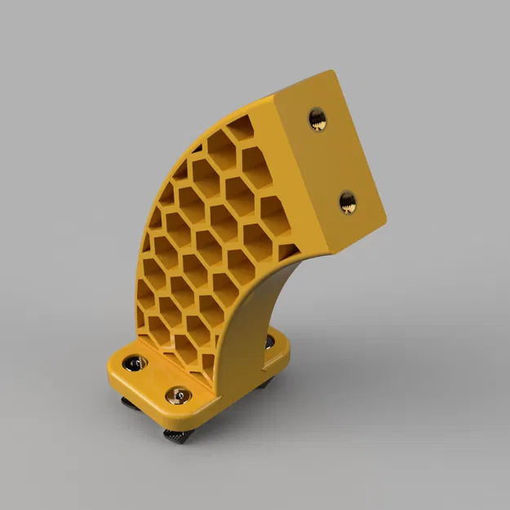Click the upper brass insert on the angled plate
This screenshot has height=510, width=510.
click(319, 120)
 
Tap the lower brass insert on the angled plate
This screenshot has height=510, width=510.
click(348, 201)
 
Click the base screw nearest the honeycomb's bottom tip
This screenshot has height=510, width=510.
click(179, 396)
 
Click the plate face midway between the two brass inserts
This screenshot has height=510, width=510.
click(333, 161)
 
